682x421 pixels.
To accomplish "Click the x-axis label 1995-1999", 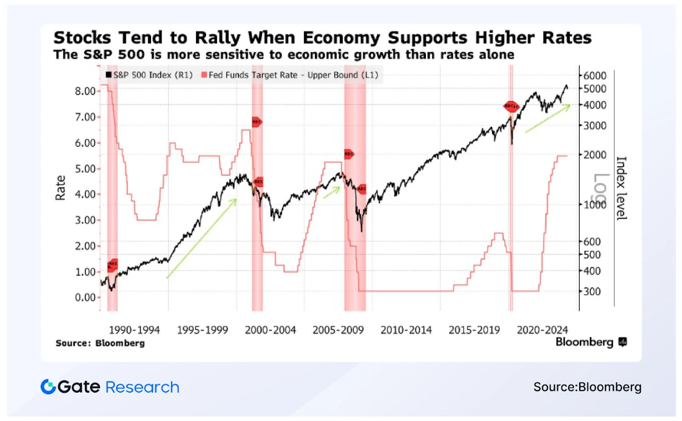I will [203, 330].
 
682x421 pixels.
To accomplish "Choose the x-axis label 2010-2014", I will [407, 330].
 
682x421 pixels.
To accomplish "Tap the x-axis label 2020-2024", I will [542, 330].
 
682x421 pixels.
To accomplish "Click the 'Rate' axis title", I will [61, 189].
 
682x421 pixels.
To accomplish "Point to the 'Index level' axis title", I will [621, 188].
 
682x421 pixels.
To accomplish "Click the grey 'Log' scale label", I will [602, 189].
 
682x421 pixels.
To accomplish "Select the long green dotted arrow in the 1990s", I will [202, 239].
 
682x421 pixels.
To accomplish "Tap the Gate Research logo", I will [110, 387].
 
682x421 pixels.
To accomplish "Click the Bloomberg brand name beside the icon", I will [584, 342].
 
